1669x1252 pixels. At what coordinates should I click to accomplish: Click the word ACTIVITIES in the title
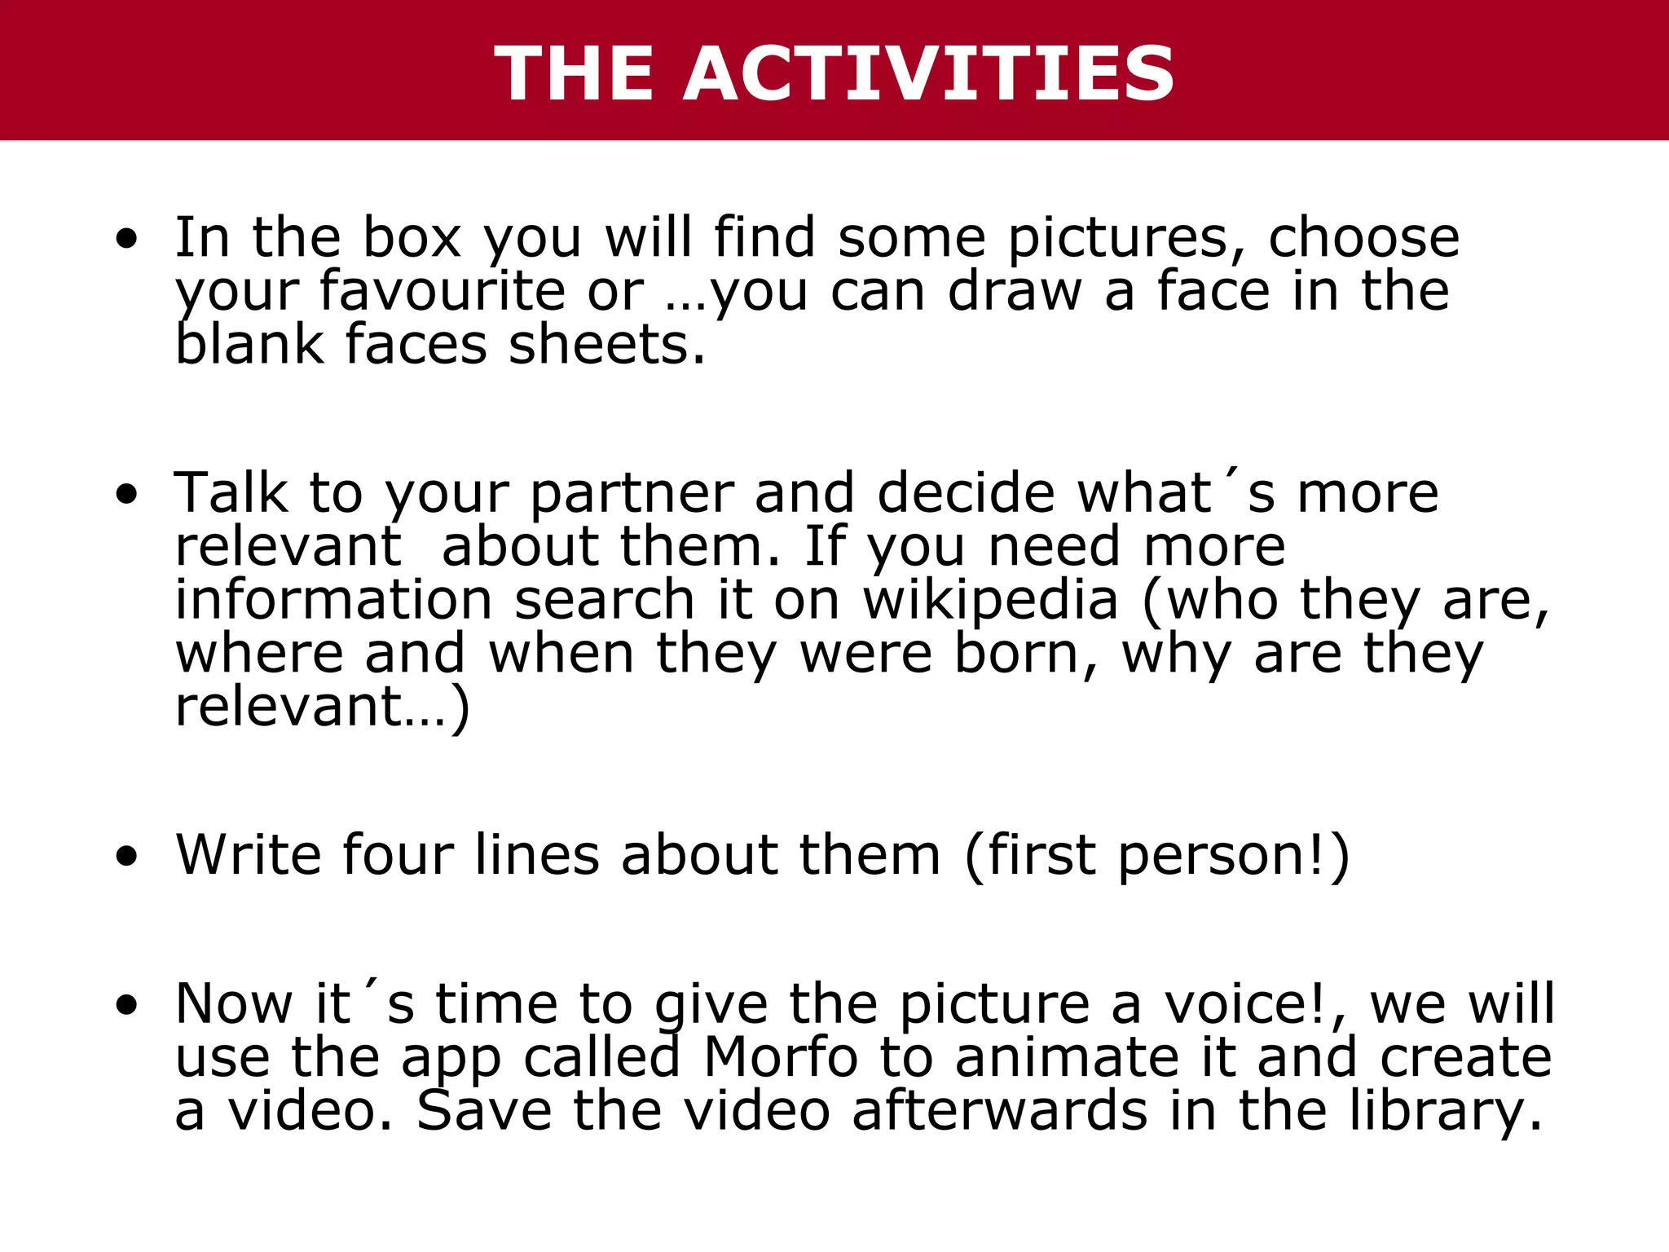(x=929, y=73)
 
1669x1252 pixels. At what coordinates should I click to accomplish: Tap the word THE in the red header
(x=575, y=73)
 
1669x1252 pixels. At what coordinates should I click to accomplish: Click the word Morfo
(x=781, y=1057)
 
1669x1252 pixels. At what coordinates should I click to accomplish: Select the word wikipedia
(x=991, y=600)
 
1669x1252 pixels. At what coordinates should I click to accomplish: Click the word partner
(x=632, y=495)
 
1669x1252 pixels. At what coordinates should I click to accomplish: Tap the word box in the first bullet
(x=412, y=237)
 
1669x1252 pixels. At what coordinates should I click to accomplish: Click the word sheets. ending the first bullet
(x=606, y=345)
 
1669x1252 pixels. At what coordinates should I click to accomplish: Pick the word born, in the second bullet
(x=1027, y=654)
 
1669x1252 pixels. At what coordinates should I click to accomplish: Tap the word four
(x=398, y=854)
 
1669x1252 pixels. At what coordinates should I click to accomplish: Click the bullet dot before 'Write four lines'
(x=126, y=857)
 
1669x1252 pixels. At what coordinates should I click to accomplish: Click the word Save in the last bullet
(x=484, y=1110)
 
